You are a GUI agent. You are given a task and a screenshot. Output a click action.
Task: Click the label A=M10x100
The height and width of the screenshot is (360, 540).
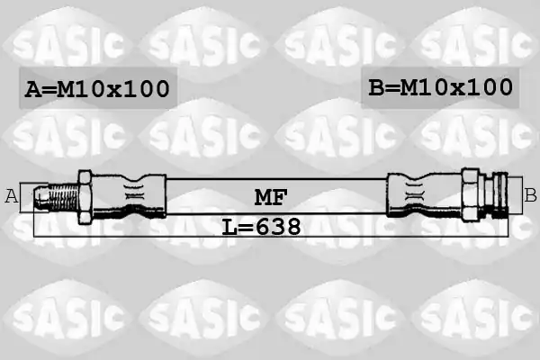(97, 88)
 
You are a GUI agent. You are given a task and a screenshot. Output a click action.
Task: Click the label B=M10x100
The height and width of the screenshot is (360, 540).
(440, 86)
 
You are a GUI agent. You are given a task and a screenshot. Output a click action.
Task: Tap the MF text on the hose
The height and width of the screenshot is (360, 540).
(271, 197)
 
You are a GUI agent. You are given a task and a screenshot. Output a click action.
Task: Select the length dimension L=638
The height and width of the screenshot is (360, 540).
(261, 227)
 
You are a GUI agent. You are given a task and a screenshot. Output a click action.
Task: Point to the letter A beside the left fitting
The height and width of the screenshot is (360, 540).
(12, 196)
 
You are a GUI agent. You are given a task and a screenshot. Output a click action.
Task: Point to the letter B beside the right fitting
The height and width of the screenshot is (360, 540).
(530, 195)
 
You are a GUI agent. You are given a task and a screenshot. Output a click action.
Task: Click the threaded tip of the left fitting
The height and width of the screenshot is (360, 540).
(56, 197)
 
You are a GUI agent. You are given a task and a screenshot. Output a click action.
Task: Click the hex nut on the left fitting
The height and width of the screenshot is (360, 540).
(85, 197)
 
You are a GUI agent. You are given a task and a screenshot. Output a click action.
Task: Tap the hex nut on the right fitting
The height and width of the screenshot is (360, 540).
(471, 194)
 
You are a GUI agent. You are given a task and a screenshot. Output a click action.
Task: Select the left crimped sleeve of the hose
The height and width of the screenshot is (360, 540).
(130, 196)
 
